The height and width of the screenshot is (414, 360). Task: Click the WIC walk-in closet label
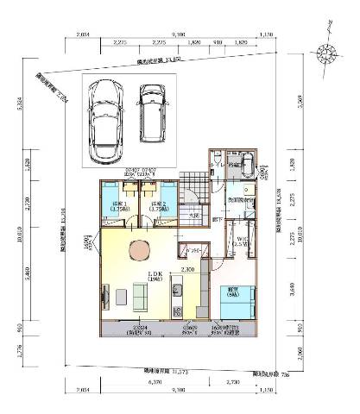pyautogui.click(x=241, y=242)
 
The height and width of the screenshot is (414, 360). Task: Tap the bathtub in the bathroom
pyautogui.click(x=244, y=165)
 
